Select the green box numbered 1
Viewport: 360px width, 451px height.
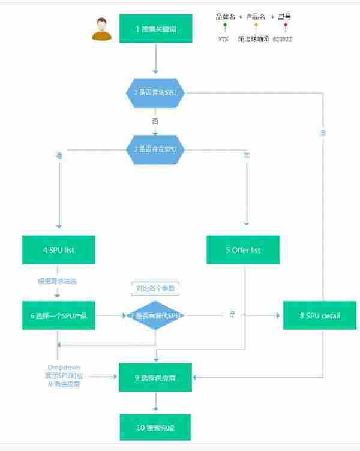(x=155, y=29)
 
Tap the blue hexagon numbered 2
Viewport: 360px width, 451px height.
(x=155, y=93)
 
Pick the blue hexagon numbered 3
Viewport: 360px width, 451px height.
(x=155, y=149)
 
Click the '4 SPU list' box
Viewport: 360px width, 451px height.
(x=58, y=249)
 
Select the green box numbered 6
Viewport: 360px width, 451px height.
(x=58, y=315)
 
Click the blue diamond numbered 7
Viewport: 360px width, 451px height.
(x=155, y=315)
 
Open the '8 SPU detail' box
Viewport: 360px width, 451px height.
(x=320, y=315)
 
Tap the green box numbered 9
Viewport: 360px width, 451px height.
(x=155, y=377)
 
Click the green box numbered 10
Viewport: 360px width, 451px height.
(x=155, y=428)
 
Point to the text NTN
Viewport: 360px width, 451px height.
(x=224, y=38)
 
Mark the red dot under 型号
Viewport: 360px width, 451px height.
(x=286, y=25)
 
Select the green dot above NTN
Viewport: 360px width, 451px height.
(x=224, y=25)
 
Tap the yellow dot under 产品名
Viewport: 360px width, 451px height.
(x=256, y=25)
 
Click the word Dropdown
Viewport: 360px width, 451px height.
(x=64, y=367)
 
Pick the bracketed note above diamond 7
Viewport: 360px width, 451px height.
(x=155, y=289)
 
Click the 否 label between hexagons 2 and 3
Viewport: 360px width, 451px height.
(x=155, y=122)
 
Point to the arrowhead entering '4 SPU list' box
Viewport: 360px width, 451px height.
(x=58, y=227)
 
